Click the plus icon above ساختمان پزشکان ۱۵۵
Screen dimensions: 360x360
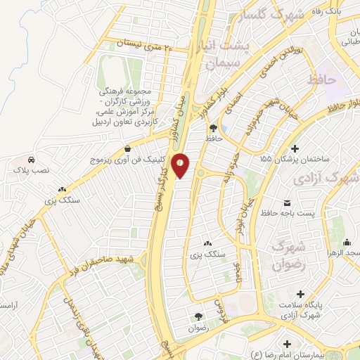click(x=294, y=148)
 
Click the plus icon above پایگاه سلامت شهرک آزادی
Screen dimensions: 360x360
click(x=302, y=293)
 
